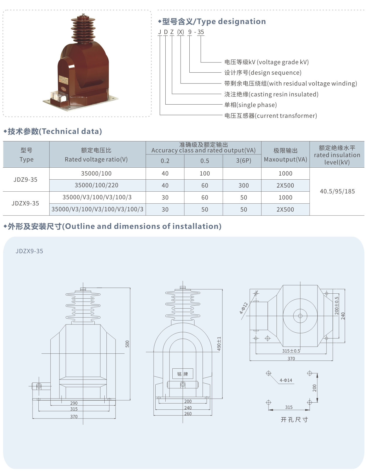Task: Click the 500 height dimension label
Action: pos(127,344)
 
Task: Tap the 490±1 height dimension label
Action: pos(219,344)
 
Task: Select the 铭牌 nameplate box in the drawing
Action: pos(183,374)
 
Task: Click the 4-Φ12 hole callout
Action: pos(244,308)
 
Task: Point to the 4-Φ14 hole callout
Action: pos(286,380)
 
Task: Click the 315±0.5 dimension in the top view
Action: pos(291,351)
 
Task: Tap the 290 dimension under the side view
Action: pos(74,403)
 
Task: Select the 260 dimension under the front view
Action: pos(188,414)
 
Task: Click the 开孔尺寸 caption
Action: pos(294,419)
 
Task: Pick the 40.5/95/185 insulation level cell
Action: pos(337,191)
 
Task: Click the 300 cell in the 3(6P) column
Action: pos(244,186)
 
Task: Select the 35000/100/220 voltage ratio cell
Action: pos(96,185)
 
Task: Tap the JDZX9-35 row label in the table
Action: pos(25,203)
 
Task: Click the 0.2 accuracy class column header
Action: pos(165,161)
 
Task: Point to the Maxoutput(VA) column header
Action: pos(286,159)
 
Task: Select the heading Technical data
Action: pos(72,131)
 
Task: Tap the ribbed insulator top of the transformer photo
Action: pos(83,29)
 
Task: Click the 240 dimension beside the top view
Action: pos(343,316)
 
